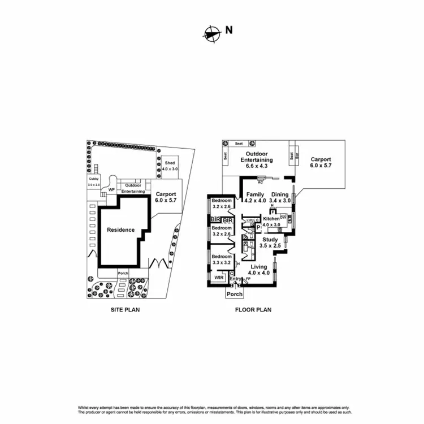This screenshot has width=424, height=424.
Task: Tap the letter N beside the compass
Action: [228, 30]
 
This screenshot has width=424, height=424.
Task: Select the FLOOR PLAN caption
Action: [253, 310]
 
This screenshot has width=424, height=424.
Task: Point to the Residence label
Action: [120, 230]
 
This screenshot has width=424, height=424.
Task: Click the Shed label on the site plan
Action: [170, 163]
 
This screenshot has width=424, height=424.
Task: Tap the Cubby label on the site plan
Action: [93, 179]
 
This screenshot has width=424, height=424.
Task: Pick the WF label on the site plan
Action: [111, 189]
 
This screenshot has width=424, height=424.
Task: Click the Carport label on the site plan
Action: [166, 193]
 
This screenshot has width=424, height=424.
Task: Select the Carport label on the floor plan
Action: [321, 159]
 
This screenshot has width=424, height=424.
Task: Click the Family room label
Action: [254, 194]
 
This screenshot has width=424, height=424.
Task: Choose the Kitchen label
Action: [271, 218]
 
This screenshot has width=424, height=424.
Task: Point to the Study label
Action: [270, 239]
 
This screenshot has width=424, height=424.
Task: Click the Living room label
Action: [260, 266]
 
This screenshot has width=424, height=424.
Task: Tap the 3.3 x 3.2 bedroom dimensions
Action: [222, 262]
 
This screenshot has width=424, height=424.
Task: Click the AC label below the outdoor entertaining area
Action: [261, 182]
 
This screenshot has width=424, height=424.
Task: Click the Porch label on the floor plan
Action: [235, 294]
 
